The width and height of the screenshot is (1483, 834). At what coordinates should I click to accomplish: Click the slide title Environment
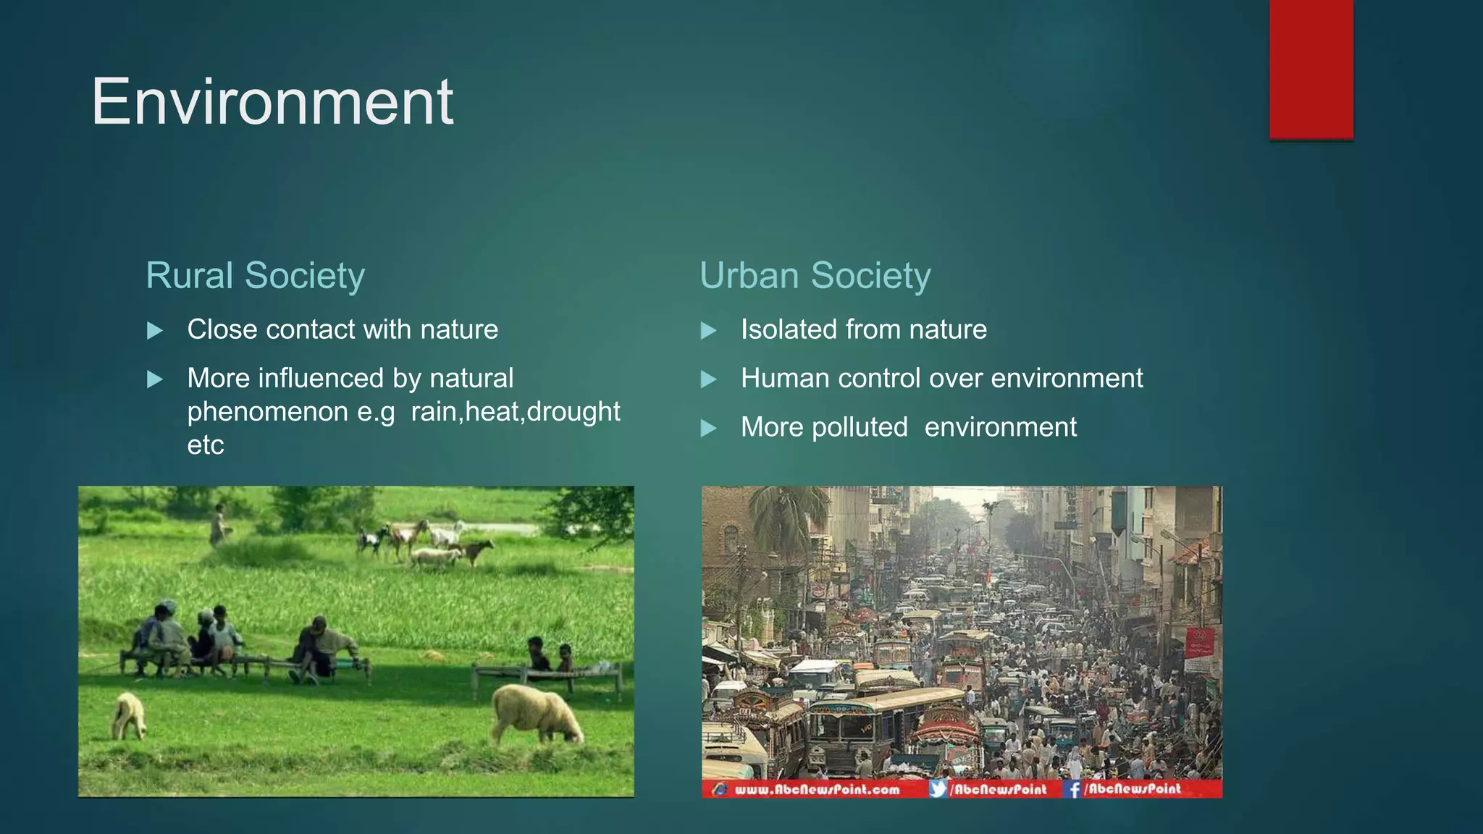[x=272, y=102]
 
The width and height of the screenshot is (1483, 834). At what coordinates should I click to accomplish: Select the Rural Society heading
[x=255, y=276]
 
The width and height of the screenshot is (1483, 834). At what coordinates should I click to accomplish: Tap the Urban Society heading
[x=815, y=276]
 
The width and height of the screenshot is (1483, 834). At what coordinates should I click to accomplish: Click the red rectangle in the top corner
[x=1311, y=69]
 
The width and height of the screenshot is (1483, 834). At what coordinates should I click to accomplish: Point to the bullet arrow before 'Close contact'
[x=154, y=331]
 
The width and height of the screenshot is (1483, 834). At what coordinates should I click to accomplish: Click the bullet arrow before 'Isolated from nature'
[x=708, y=331]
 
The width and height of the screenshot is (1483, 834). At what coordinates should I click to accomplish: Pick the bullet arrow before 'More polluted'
[x=708, y=429]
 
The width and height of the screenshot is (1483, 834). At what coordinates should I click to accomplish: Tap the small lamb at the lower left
[x=129, y=715]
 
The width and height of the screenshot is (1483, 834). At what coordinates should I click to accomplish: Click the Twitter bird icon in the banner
[x=938, y=789]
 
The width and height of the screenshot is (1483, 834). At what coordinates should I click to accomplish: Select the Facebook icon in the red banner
[x=1073, y=789]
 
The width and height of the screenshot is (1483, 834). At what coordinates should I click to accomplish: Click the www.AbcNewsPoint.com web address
[x=817, y=789]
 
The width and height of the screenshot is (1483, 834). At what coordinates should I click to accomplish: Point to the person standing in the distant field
[x=217, y=523]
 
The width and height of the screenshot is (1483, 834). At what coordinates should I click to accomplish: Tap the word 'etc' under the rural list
[x=206, y=445]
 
